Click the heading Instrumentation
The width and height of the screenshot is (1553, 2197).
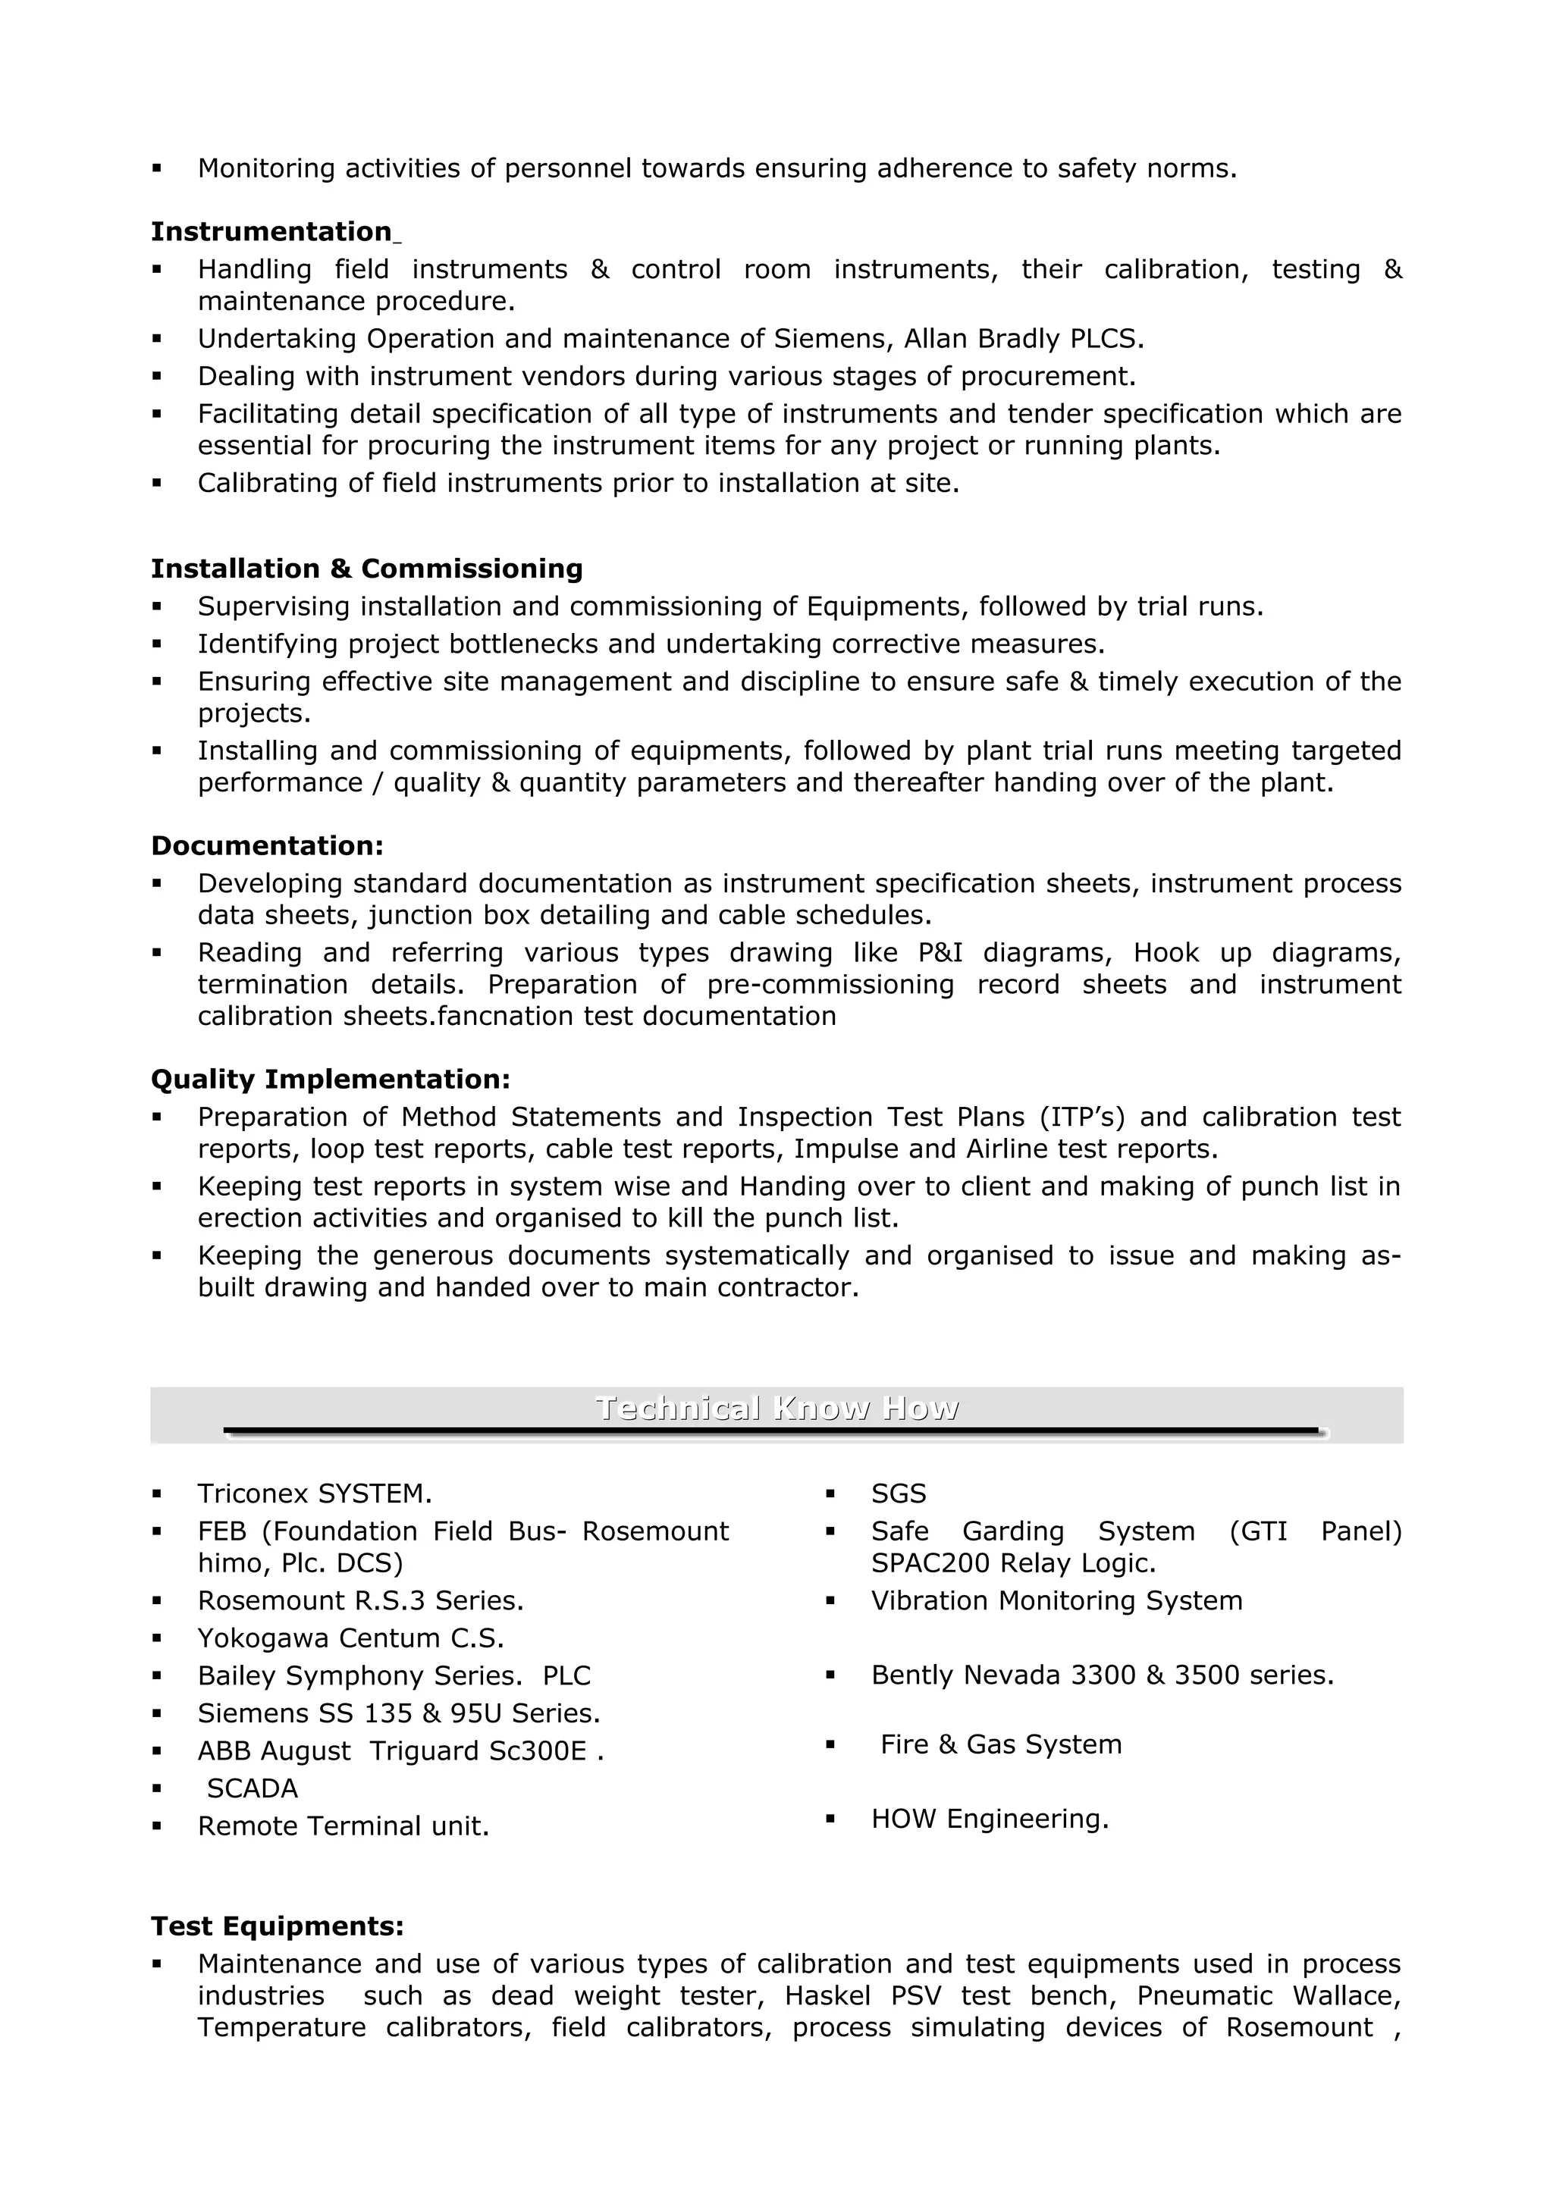(x=271, y=231)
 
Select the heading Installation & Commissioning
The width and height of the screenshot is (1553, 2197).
(x=366, y=569)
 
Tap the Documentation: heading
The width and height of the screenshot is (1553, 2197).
(x=267, y=846)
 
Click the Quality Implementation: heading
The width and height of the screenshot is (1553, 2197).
(x=330, y=1080)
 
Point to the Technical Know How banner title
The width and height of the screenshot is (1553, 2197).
(x=776, y=1408)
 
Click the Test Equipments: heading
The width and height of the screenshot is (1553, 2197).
(x=278, y=1926)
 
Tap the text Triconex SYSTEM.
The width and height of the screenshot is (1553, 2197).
(x=315, y=1493)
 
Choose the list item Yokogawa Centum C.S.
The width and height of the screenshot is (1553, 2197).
(x=350, y=1638)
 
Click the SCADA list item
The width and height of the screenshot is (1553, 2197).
(x=253, y=1788)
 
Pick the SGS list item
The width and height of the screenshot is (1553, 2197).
(x=899, y=1493)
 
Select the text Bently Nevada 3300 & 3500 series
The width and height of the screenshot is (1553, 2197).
(x=1101, y=1675)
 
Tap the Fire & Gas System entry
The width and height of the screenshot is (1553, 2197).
(x=1001, y=1744)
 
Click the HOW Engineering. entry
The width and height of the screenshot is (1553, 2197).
(x=990, y=1819)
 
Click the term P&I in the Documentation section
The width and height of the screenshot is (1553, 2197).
(x=940, y=953)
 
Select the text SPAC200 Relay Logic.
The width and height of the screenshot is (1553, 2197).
(x=1012, y=1563)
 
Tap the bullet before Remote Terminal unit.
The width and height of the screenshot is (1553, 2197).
(x=157, y=1827)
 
